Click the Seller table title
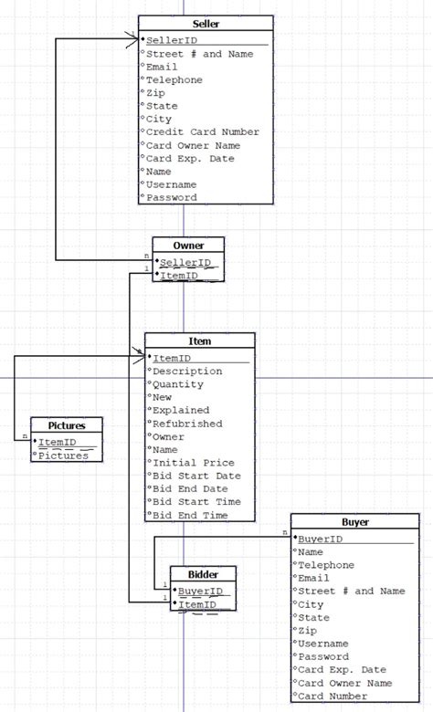click(x=206, y=24)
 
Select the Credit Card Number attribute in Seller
click(x=203, y=131)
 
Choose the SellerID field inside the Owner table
click(x=185, y=262)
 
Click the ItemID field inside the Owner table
click(x=181, y=275)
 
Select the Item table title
click(x=199, y=341)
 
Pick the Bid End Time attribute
click(x=190, y=516)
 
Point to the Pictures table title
click(x=67, y=425)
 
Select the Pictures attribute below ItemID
click(x=63, y=455)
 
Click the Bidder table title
click(x=203, y=574)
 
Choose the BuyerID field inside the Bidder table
click(x=196, y=591)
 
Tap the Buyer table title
click(x=355, y=522)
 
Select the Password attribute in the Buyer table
click(x=323, y=656)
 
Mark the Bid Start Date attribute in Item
click(x=196, y=476)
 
